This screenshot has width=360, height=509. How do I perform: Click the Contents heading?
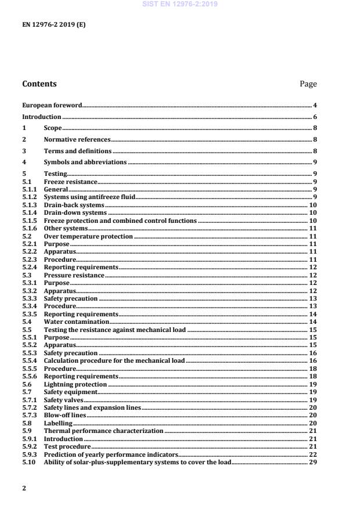click(39, 84)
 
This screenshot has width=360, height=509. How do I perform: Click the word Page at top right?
click(308, 84)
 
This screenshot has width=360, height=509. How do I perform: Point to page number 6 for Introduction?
click(315, 117)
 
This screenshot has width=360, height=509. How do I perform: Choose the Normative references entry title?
click(77, 140)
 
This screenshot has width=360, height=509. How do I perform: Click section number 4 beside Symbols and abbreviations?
click(24, 163)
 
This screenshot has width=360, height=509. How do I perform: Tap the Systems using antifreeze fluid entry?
click(89, 197)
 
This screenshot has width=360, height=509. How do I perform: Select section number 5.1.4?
click(29, 213)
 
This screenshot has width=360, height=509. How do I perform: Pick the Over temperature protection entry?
click(88, 237)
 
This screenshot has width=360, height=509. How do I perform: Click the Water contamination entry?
click(76, 322)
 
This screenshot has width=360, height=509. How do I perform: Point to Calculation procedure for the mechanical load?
click(114, 361)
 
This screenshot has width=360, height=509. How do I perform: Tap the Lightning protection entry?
click(75, 384)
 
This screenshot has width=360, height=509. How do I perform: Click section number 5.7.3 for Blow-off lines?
click(29, 416)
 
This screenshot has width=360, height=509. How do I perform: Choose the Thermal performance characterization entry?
click(103, 431)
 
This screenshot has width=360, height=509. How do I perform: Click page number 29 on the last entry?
click(313, 463)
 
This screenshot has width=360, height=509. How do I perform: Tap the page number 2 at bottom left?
click(24, 488)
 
